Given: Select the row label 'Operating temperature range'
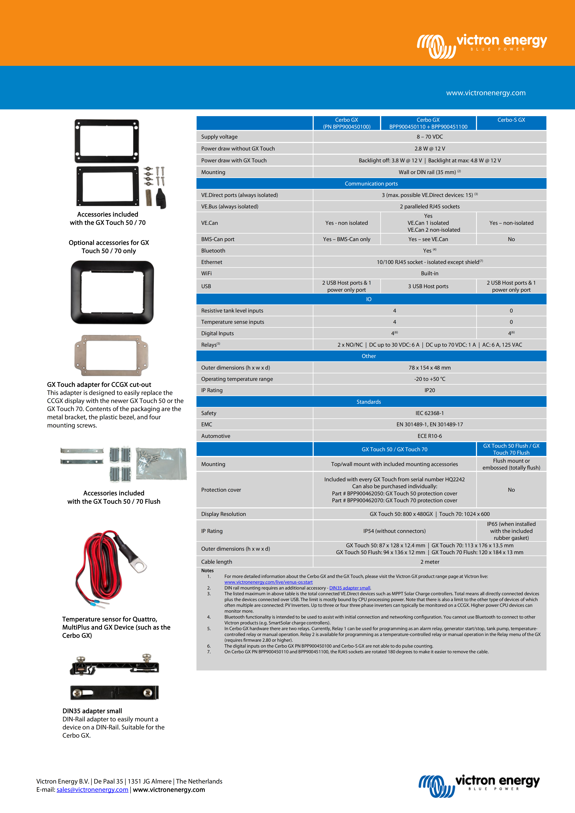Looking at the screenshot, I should (237, 379).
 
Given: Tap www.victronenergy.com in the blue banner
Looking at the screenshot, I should (486, 93).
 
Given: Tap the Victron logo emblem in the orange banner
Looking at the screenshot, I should (436, 46).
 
